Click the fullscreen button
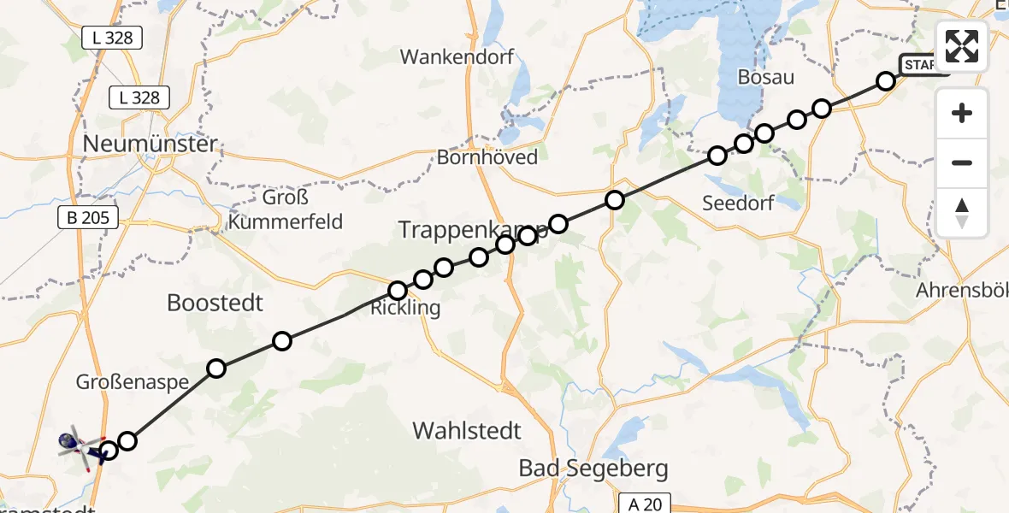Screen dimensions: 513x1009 962,45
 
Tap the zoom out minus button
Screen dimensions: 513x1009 962,162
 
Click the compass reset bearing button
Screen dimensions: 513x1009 962,212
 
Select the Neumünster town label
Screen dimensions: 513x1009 150,144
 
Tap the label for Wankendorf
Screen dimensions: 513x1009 457,57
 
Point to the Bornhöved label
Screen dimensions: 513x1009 487,157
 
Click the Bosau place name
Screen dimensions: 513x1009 766,78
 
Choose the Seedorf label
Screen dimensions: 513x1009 738,203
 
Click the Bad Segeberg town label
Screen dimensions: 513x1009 594,469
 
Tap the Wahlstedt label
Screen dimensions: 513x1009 467,430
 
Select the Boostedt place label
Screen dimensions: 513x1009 215,303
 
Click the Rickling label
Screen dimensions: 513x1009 405,309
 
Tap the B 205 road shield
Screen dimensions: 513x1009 89,218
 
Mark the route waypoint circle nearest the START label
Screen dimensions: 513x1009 886,81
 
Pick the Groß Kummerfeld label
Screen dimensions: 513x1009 286,211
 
